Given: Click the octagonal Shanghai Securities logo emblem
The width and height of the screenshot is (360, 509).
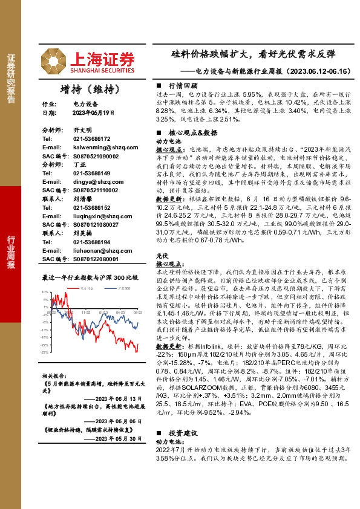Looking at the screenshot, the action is [54, 62].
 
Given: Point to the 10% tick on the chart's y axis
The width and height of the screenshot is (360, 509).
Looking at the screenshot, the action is [45, 293].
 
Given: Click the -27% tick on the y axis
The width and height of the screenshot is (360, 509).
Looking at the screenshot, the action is [45, 352].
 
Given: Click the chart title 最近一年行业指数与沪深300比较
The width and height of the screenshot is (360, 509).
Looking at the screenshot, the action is [90, 277].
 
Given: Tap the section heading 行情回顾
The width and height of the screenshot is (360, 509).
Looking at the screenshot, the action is [183, 86].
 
